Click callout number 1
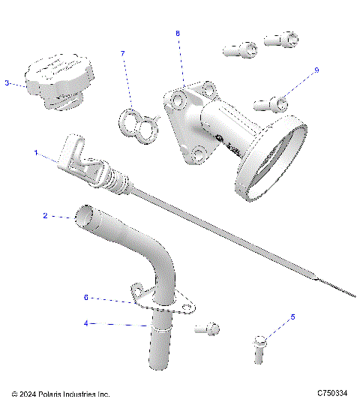point(35,152)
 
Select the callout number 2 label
point(45,216)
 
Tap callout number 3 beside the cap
point(7,83)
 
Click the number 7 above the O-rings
point(123,53)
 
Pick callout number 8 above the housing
point(178,34)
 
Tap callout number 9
point(316,70)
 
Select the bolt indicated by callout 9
point(274,100)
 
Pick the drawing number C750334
point(331,393)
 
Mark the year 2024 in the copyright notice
point(28,394)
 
